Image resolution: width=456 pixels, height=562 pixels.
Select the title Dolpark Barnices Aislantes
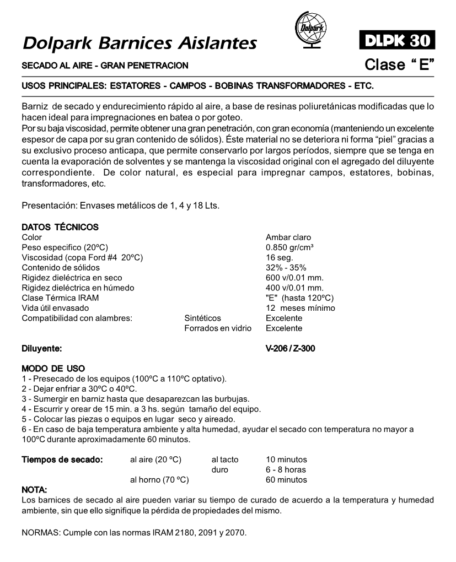[139, 42]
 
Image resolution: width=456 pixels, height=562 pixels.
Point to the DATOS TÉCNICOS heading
[60, 227]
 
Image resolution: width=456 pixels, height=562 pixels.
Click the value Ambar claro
[288, 237]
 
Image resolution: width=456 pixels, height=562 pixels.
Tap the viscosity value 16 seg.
[280, 258]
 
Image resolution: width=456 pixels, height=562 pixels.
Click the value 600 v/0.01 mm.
[294, 278]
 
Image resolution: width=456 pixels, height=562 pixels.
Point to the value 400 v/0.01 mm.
[294, 288]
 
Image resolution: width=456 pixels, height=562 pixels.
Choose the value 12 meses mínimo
[300, 308]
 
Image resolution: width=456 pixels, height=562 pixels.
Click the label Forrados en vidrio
[218, 328]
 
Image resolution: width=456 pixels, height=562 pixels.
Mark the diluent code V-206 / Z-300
[291, 349]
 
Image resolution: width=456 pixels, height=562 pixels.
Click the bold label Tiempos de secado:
[62, 460]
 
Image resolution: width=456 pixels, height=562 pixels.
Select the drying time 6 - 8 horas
[286, 469]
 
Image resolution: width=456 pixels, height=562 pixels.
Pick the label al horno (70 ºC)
[159, 480]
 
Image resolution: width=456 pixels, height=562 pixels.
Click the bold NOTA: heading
[34, 490]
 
